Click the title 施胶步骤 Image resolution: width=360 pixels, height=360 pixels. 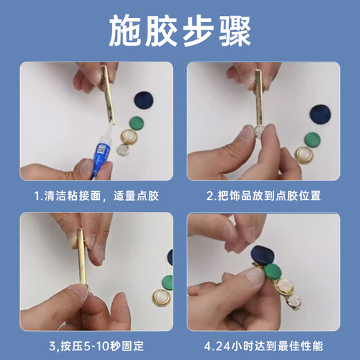[180, 31]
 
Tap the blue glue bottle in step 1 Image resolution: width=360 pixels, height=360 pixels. [101, 151]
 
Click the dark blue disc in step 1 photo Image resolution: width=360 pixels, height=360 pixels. [144, 100]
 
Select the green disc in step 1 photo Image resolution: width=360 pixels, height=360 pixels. [136, 123]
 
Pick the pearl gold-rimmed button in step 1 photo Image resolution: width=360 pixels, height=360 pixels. [129, 137]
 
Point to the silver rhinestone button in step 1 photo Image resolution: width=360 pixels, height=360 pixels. [123, 150]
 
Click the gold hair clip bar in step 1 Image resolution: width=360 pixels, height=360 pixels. [108, 94]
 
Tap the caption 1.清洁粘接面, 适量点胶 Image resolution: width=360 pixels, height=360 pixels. [97, 196]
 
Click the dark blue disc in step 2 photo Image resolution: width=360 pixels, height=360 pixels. [321, 116]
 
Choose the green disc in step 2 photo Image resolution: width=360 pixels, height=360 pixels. [312, 140]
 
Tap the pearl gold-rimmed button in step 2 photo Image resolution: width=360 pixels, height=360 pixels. [304, 155]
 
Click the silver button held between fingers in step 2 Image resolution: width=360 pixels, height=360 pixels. [260, 132]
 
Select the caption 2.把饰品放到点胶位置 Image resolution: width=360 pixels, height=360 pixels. [264, 196]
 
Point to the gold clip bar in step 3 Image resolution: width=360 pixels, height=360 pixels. [81, 256]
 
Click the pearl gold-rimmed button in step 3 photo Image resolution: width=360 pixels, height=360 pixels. [161, 298]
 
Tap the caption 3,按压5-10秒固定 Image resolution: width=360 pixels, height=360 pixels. [96, 346]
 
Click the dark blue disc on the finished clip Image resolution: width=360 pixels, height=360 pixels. [262, 255]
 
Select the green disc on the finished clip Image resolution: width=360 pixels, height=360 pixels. [273, 272]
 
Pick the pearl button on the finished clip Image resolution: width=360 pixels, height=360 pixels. [284, 287]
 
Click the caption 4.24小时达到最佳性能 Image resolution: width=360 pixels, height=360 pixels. [264, 346]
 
